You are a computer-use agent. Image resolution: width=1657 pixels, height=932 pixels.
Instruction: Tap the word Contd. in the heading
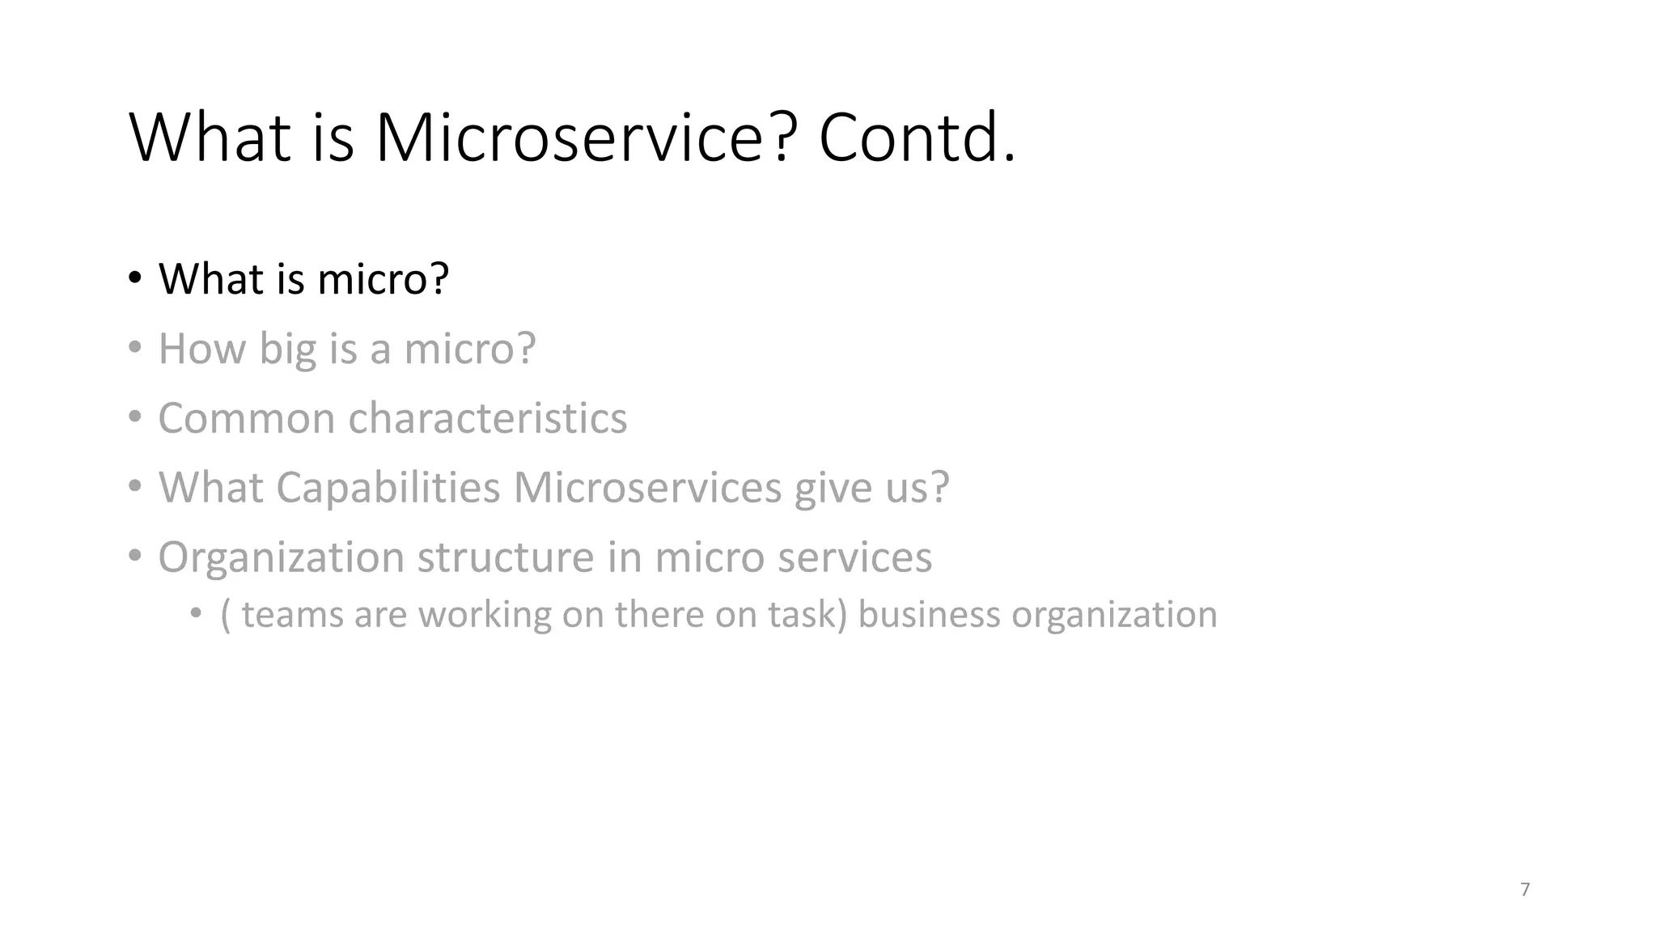click(916, 138)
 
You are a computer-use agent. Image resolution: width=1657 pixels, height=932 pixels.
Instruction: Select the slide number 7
click(1525, 889)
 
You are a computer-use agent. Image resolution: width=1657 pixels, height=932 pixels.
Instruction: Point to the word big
click(287, 349)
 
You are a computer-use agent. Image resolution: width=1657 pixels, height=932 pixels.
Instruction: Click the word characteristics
click(487, 418)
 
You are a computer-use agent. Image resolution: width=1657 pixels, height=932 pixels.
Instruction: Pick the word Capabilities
click(388, 488)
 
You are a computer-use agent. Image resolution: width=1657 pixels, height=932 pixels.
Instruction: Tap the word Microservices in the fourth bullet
click(647, 488)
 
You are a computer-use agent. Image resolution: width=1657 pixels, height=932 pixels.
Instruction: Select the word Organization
click(281, 557)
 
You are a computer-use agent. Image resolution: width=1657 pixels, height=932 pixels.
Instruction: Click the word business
click(928, 614)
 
